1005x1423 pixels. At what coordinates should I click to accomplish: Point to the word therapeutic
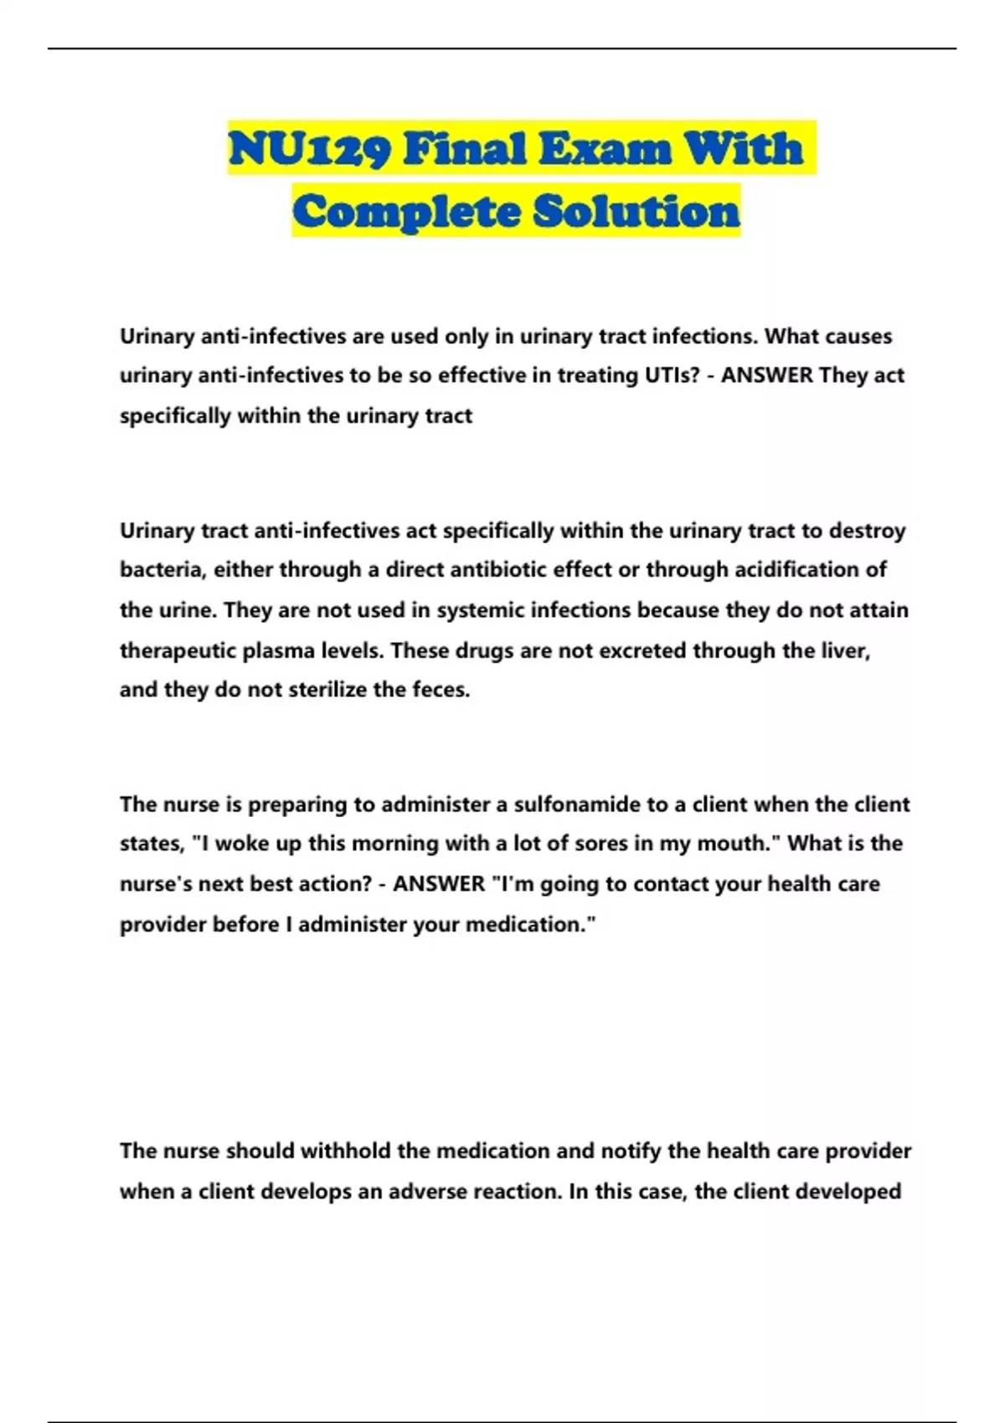coord(178,650)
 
